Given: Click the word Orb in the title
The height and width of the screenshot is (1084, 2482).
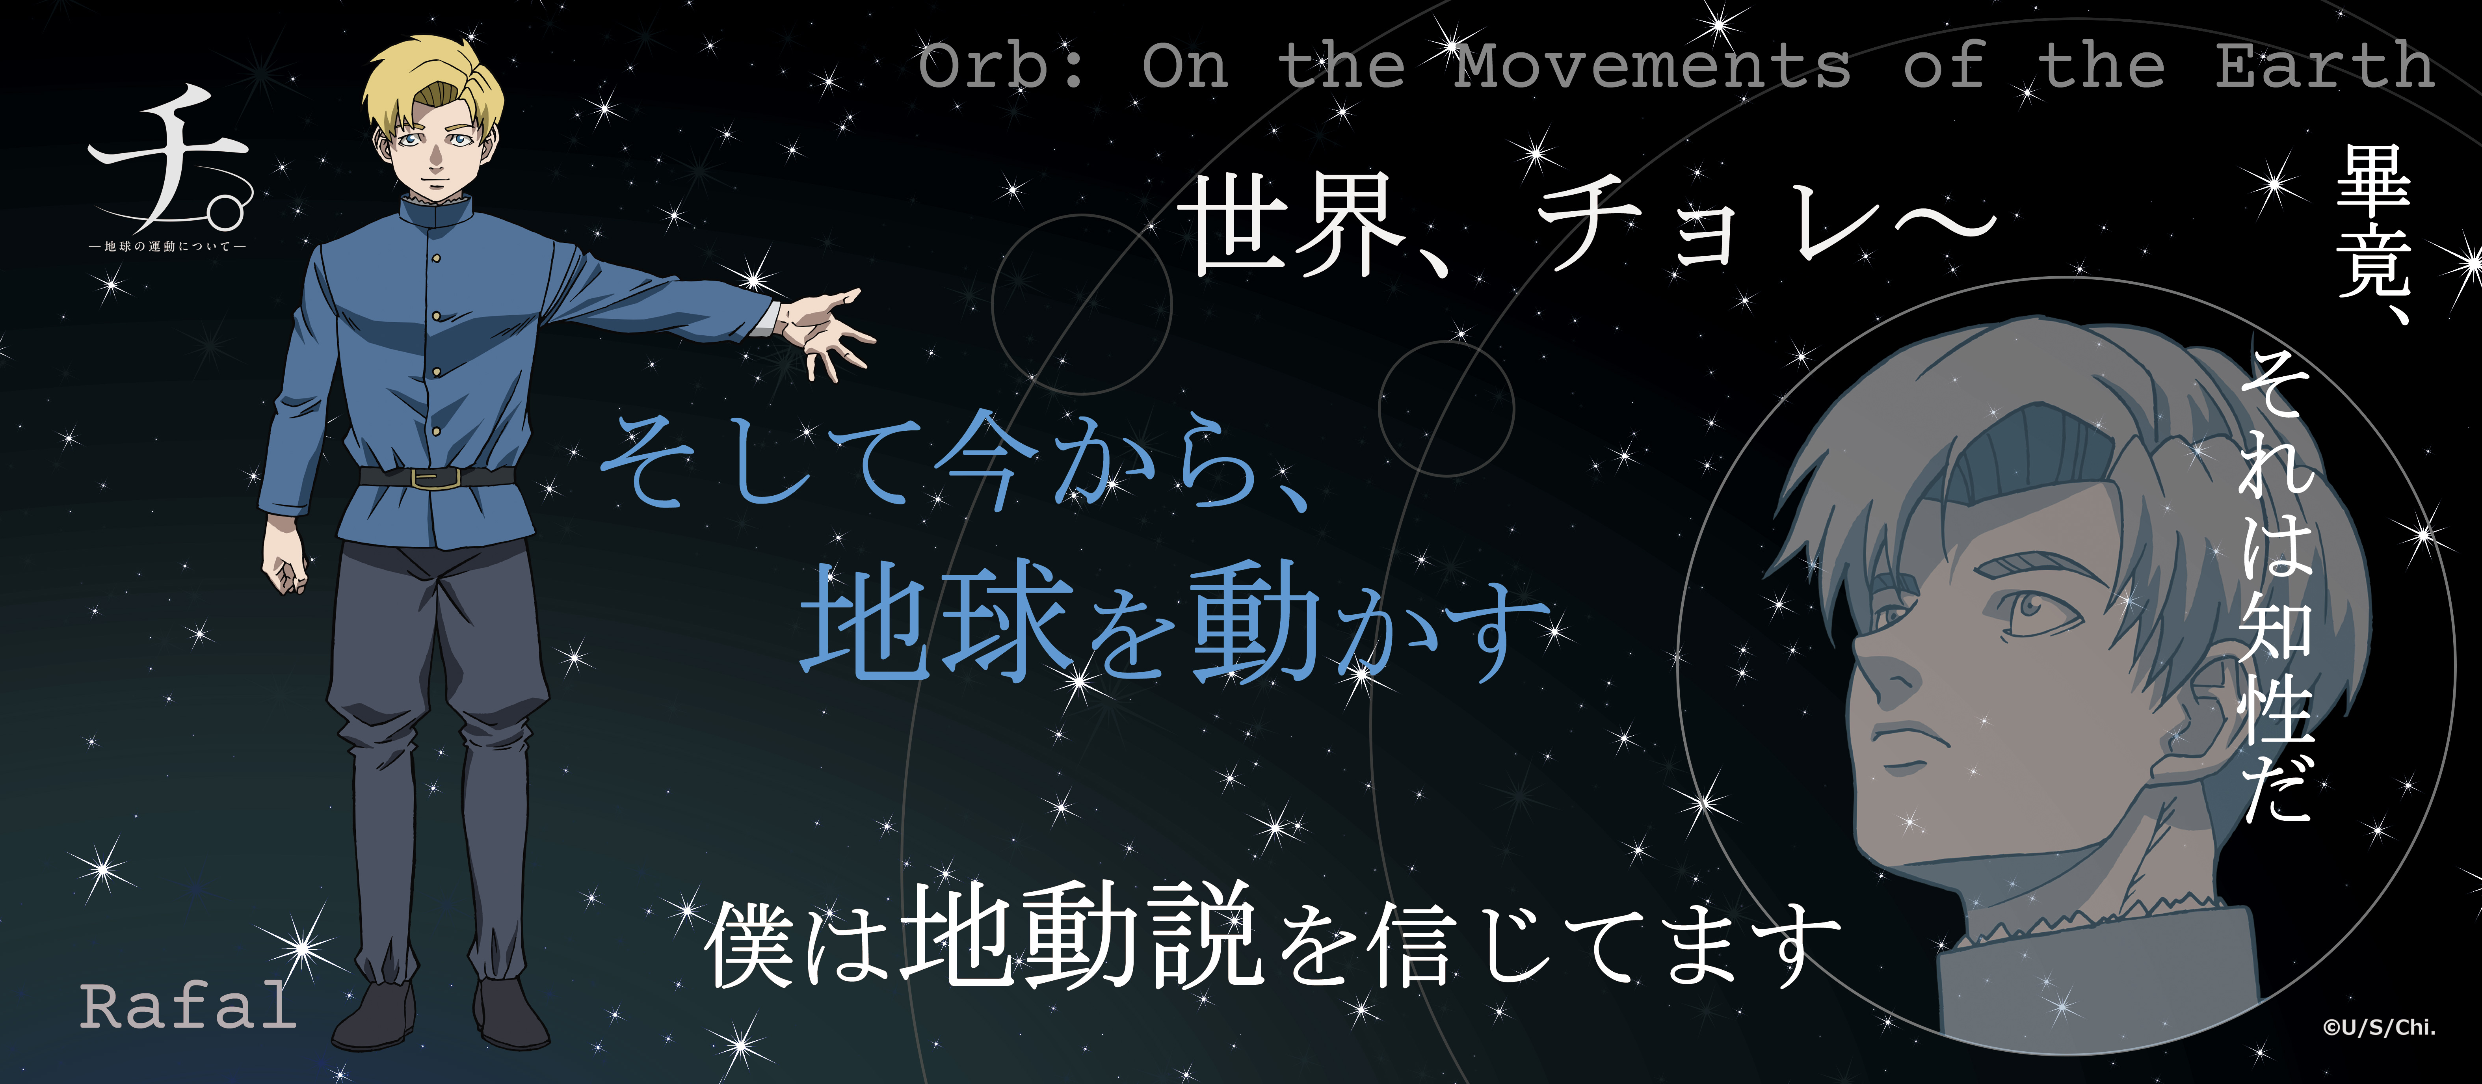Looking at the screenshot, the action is point(1002,65).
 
